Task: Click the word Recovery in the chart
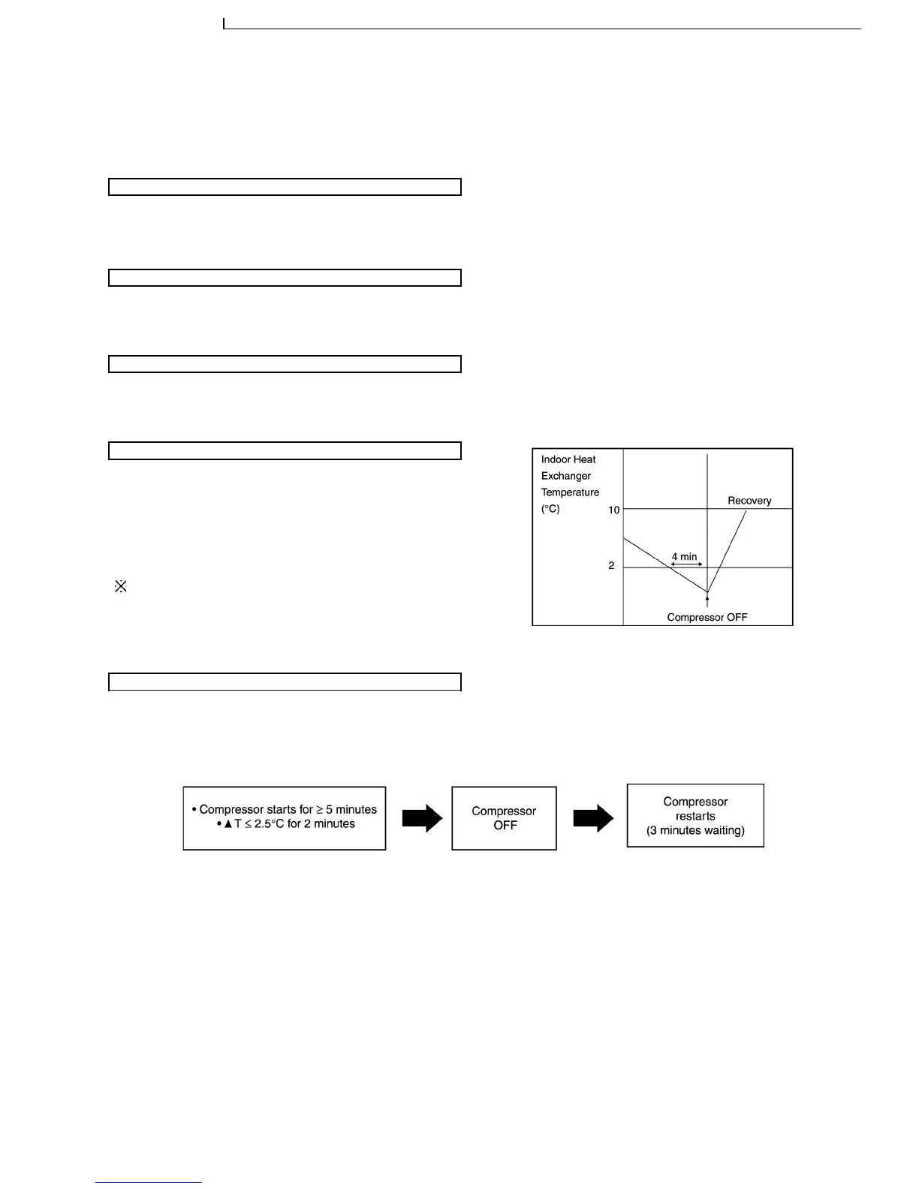749,501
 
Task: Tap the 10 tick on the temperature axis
613,510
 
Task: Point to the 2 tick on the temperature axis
611,565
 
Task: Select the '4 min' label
684,557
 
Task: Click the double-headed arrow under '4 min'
685,564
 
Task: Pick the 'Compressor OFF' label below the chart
707,618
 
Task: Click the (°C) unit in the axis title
550,509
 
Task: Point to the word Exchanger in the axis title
566,476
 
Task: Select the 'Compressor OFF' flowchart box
504,818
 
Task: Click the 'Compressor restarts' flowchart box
695,809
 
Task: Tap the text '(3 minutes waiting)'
695,830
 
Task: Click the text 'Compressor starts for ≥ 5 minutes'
288,809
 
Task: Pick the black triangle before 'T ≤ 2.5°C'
228,824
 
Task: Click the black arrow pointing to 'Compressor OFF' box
423,818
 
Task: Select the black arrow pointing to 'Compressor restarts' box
593,818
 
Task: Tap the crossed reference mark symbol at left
120,587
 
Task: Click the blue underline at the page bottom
149,1183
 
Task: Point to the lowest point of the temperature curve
707,591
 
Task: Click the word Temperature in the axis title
570,492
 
